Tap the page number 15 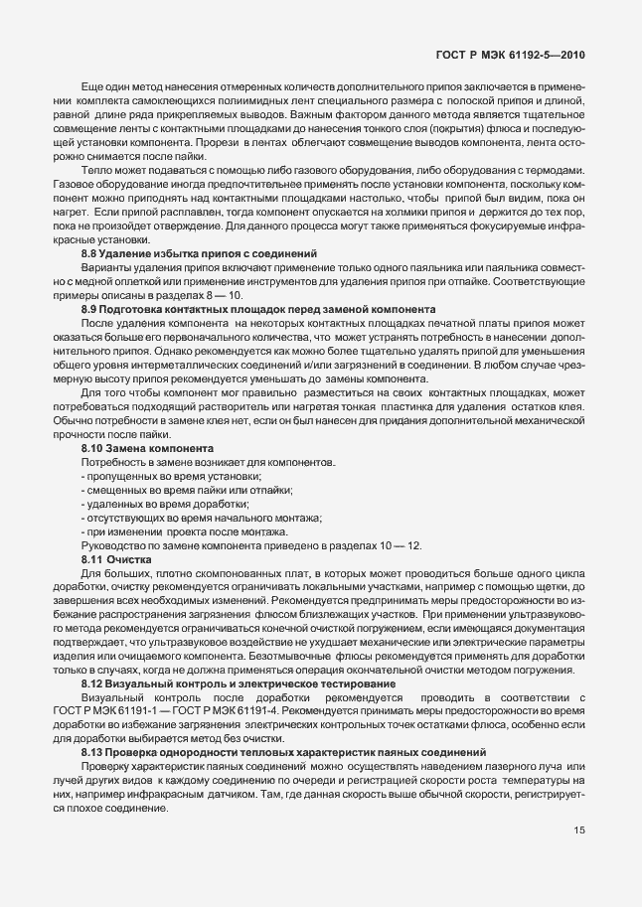578,831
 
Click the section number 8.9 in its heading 90,309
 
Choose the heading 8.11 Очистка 115,559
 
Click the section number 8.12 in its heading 93,684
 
